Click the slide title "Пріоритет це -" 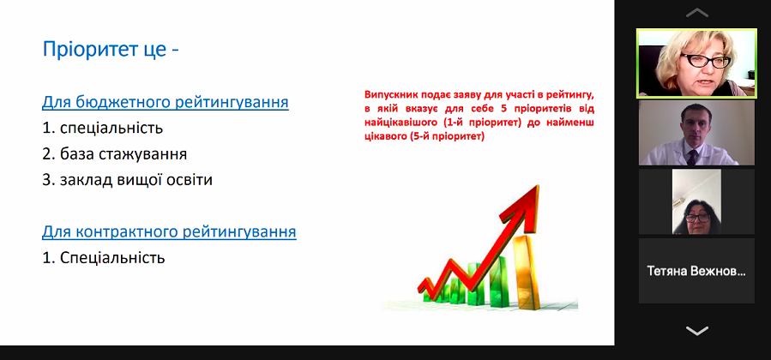tap(111, 50)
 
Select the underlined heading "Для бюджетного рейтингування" tap(166, 103)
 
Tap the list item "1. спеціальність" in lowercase tap(102, 129)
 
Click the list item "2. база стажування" tap(115, 154)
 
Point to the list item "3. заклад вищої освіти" tap(127, 180)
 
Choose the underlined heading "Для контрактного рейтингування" tap(169, 231)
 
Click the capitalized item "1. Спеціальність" tap(104, 257)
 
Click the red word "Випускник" tap(388, 94)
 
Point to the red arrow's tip tap(539, 186)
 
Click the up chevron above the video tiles tap(696, 13)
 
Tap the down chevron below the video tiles tap(696, 331)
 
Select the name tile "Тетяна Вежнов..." tap(696, 271)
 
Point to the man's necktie tap(692, 157)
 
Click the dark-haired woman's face tap(696, 216)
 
